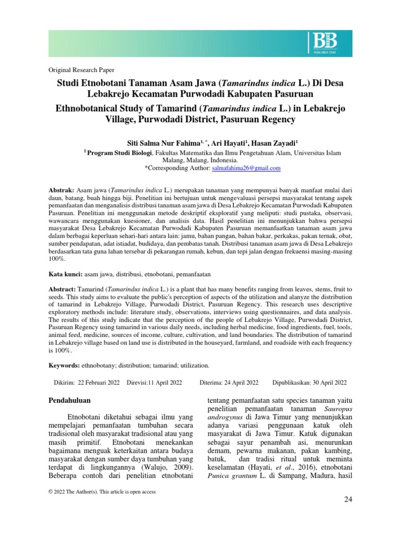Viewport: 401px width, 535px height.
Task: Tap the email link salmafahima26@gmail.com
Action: [x=246, y=168]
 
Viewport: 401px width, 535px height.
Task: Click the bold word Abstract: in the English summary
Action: [x=63, y=289]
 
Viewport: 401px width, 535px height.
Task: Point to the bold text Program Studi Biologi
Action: [x=120, y=153]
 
